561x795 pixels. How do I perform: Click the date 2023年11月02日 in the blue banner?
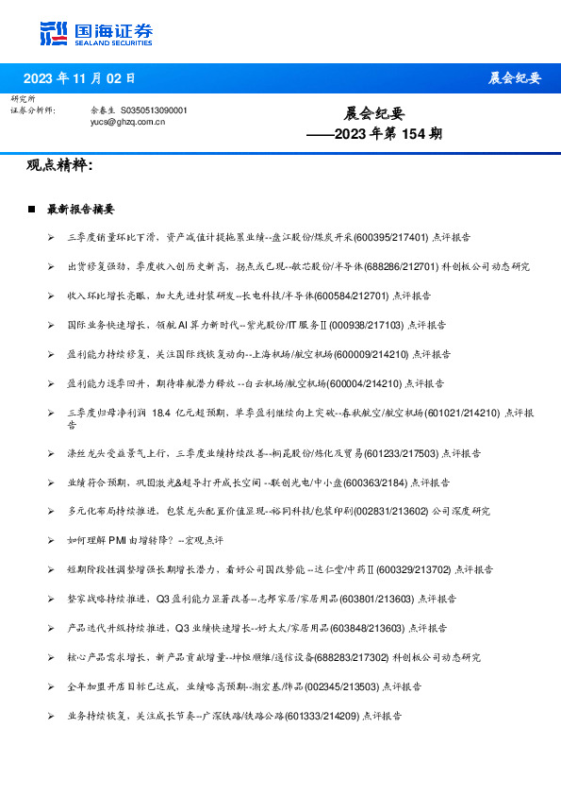tap(79, 78)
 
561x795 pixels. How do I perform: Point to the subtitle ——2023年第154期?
tap(375, 134)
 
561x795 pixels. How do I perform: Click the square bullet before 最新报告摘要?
tap(32, 210)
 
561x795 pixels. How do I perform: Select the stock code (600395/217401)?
tap(372, 238)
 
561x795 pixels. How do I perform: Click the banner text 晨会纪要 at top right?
tap(514, 78)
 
